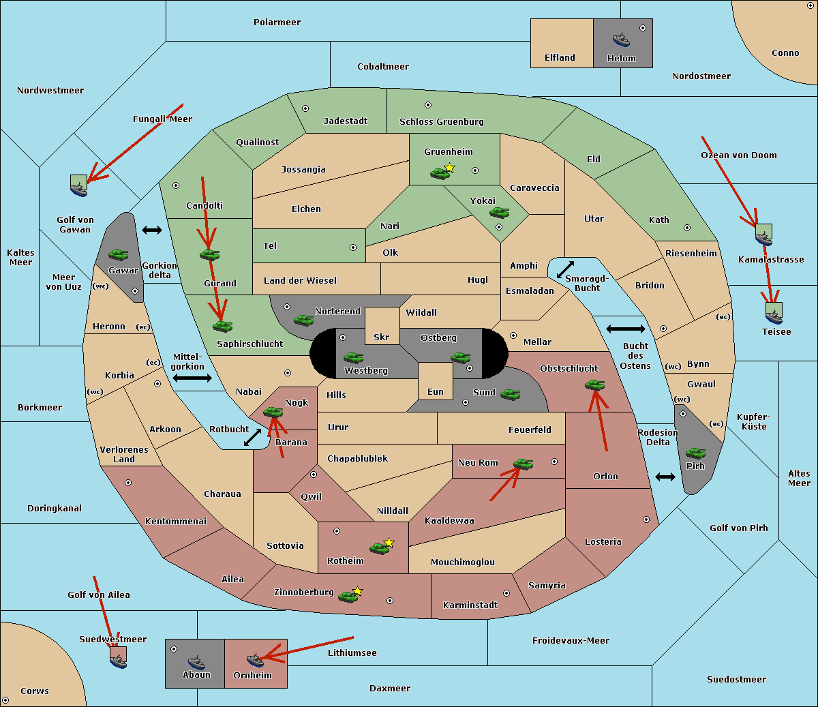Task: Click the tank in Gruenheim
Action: click(x=440, y=174)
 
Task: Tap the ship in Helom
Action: click(x=621, y=39)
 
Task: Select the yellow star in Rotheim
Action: click(x=389, y=542)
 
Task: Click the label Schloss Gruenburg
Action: click(x=442, y=122)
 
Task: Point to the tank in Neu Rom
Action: click(x=524, y=464)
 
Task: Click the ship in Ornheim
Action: click(x=255, y=659)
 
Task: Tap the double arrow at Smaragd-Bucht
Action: click(x=566, y=270)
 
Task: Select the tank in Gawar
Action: click(x=118, y=255)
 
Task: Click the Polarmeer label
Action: click(x=277, y=22)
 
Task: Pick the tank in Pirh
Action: click(x=695, y=453)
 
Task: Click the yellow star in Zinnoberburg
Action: click(x=358, y=591)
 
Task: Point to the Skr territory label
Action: click(x=382, y=337)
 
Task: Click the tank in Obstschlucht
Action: click(x=594, y=385)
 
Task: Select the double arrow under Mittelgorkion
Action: click(x=192, y=378)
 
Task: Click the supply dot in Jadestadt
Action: click(x=305, y=108)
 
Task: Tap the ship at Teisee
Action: click(x=774, y=315)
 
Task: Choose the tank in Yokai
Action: click(x=500, y=213)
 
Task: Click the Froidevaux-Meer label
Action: click(x=571, y=641)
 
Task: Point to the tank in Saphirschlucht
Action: click(x=222, y=327)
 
